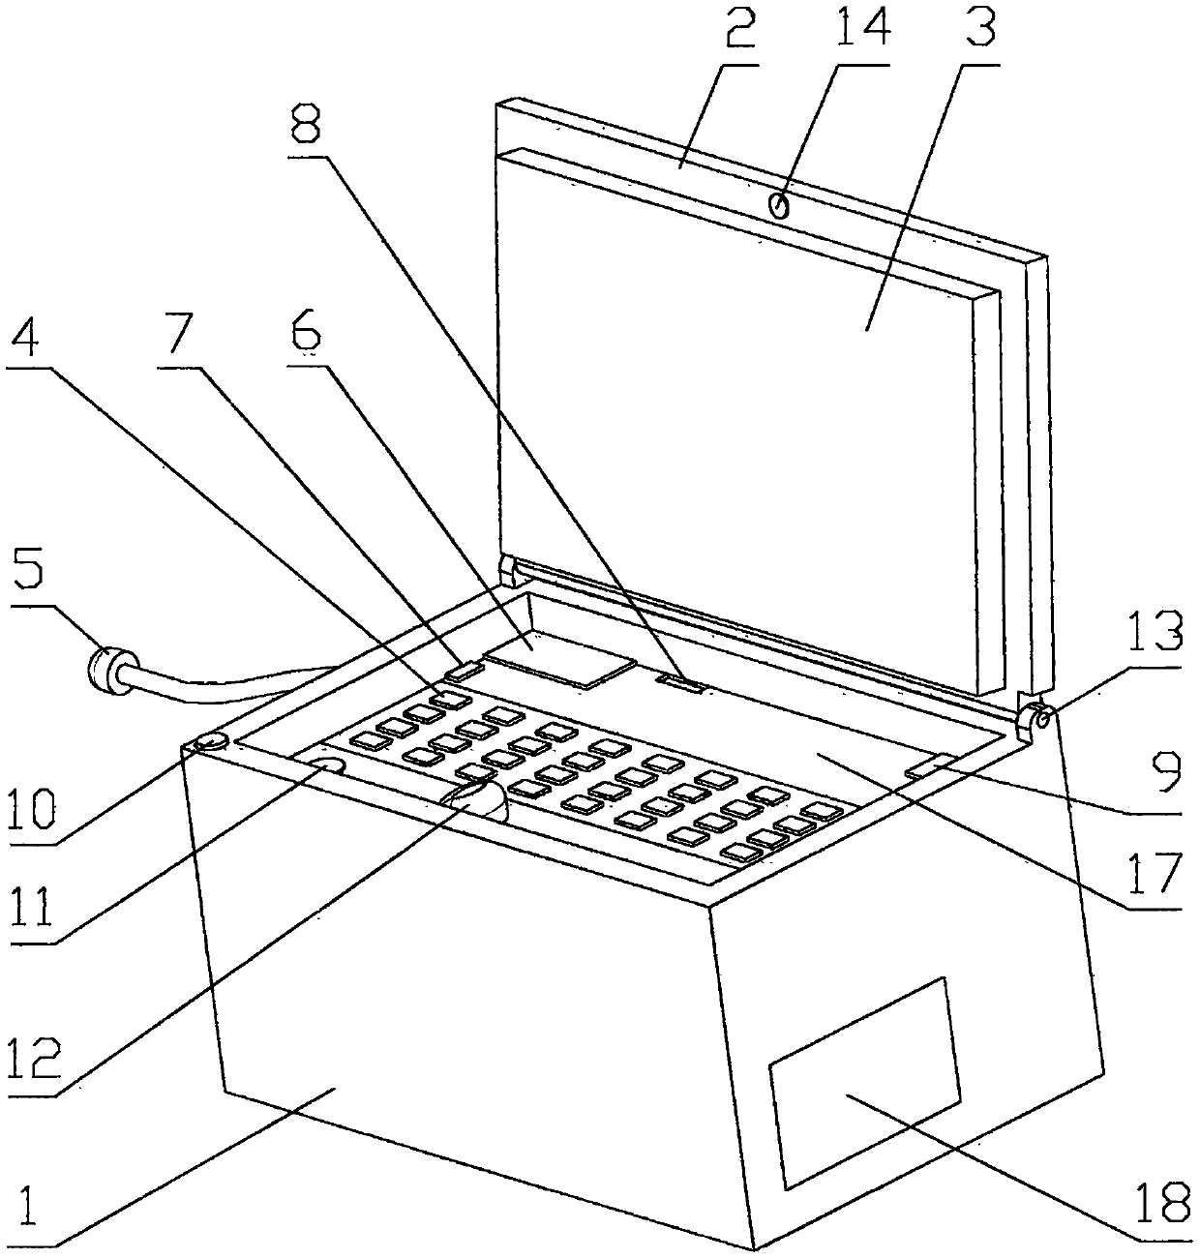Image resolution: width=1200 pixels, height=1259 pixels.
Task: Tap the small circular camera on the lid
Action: [778, 204]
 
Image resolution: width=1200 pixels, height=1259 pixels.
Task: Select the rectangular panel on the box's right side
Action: [864, 1082]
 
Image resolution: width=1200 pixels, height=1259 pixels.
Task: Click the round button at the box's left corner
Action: [212, 742]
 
